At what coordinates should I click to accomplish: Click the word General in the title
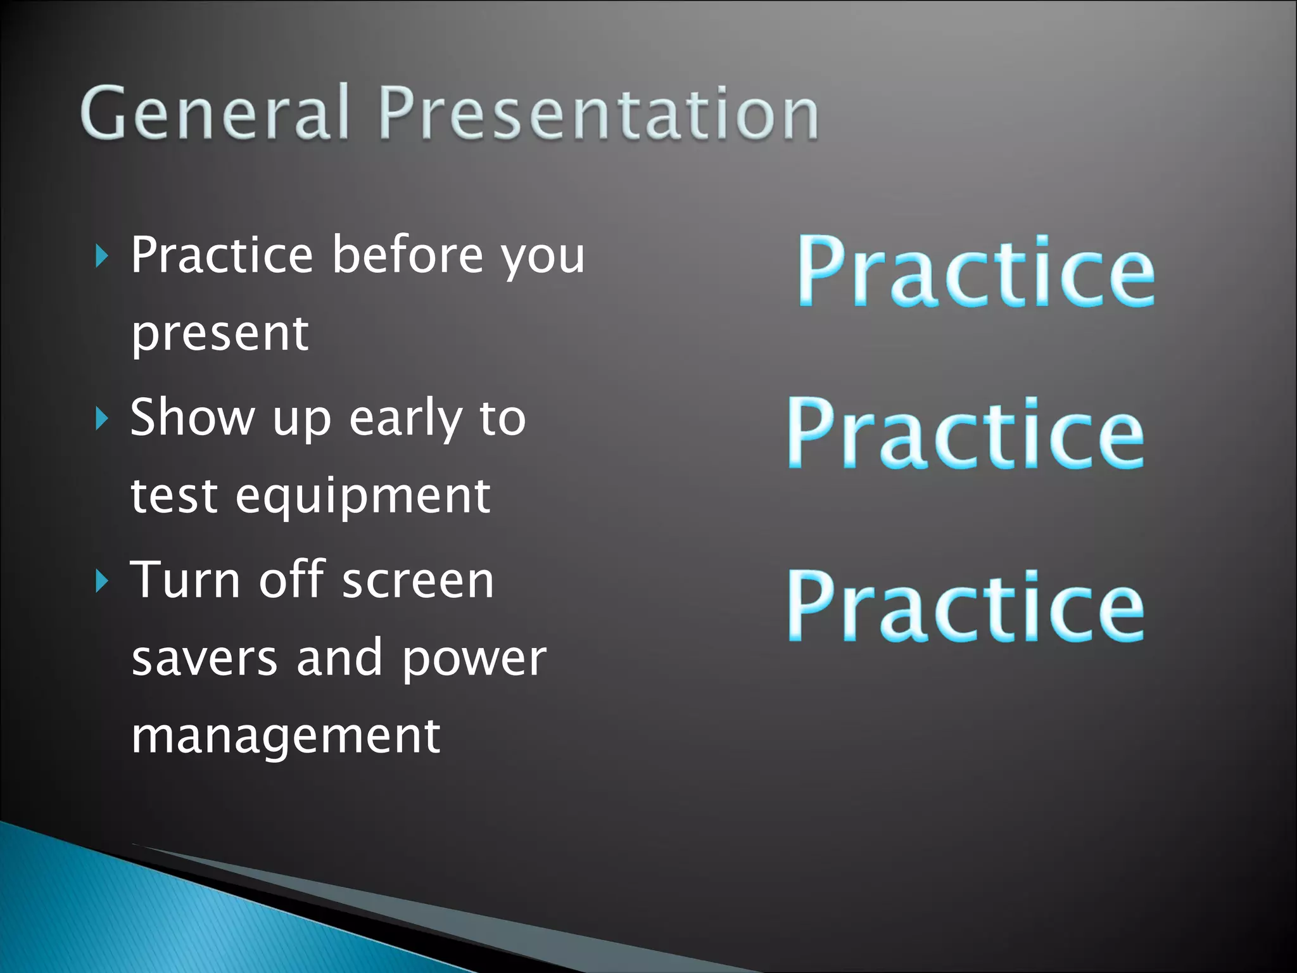[215, 113]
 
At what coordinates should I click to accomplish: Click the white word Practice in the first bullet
[222, 255]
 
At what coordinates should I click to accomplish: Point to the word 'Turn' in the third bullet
[185, 580]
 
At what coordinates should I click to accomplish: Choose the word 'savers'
[204, 659]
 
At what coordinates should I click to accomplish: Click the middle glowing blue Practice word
[966, 433]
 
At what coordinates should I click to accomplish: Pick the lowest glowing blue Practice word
[966, 606]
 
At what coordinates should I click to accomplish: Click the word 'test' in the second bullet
[174, 497]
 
